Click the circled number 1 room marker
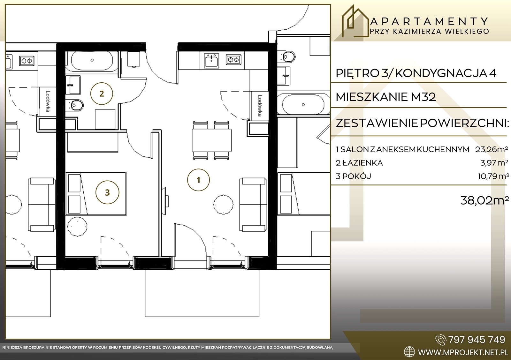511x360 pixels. pos(198,180)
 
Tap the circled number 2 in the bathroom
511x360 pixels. pos(102,94)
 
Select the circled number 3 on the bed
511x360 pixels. pos(107,192)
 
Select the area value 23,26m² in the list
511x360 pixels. pos(492,149)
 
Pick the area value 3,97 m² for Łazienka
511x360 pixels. pos(494,163)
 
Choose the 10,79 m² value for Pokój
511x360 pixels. pos(493,176)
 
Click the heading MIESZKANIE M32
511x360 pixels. pos(386,97)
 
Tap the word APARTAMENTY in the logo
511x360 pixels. pos(429,22)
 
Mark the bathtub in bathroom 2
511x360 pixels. pos(92,60)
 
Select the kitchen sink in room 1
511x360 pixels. pos(211,61)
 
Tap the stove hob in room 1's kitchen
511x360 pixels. pos(233,60)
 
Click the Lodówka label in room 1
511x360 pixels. pos(260,106)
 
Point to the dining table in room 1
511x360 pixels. pos(212,140)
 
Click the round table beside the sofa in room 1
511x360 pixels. pos(223,205)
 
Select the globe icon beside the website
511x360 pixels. pos(409,352)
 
